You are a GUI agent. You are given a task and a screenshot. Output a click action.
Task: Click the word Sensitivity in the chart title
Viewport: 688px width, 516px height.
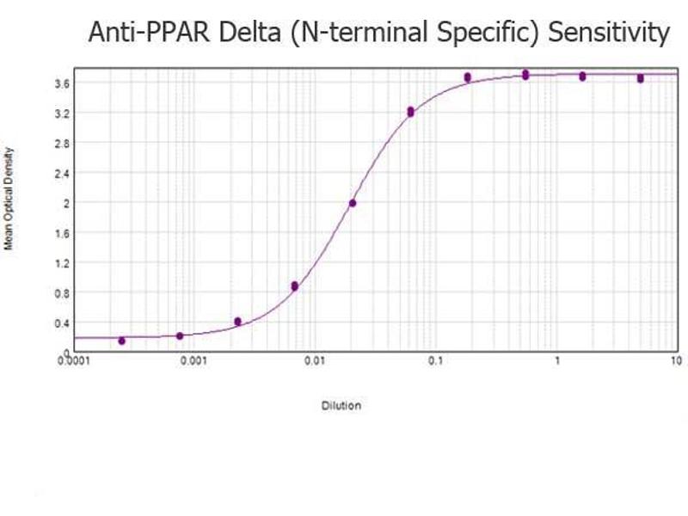coord(609,34)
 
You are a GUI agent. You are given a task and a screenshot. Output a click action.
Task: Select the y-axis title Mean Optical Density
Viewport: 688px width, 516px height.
coord(10,199)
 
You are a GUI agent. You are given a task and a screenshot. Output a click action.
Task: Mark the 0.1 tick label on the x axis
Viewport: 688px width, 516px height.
coord(436,361)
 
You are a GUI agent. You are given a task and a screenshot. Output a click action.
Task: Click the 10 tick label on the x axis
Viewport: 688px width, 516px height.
coord(675,361)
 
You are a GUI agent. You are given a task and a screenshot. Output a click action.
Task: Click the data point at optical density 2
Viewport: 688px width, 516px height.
coord(352,203)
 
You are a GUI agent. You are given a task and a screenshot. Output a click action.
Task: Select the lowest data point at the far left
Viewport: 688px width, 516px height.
coord(121,341)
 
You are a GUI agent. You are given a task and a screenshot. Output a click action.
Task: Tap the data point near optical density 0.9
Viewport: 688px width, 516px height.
coord(294,286)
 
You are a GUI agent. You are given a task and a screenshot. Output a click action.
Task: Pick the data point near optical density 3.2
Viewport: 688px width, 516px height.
coord(410,112)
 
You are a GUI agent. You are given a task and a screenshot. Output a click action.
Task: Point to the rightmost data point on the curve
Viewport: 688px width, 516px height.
coord(640,78)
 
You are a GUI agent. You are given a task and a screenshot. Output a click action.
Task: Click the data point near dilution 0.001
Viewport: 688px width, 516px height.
coord(180,335)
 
